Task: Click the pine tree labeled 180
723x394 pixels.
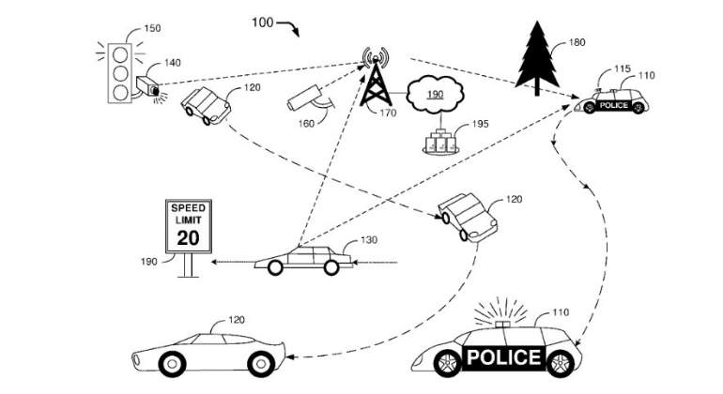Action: [x=537, y=57]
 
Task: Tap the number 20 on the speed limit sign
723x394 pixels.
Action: [x=188, y=237]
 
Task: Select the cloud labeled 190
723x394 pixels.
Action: [x=435, y=95]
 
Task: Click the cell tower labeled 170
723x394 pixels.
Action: [x=376, y=78]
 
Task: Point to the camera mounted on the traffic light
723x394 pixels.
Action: [x=148, y=86]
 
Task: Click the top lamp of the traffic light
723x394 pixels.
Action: [x=120, y=55]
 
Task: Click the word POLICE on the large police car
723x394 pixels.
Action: [x=503, y=357]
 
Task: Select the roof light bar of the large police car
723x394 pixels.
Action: [x=502, y=324]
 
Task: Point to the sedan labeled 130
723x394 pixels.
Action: [x=303, y=261]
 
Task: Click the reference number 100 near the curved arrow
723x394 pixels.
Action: [x=262, y=23]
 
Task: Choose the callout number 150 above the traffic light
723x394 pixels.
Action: [x=152, y=28]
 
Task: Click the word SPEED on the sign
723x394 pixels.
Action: [x=188, y=208]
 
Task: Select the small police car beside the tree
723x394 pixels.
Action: [x=611, y=101]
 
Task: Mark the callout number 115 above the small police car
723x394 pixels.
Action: [x=622, y=68]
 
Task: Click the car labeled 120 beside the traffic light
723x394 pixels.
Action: [x=206, y=106]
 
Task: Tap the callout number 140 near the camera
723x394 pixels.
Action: [x=173, y=63]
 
